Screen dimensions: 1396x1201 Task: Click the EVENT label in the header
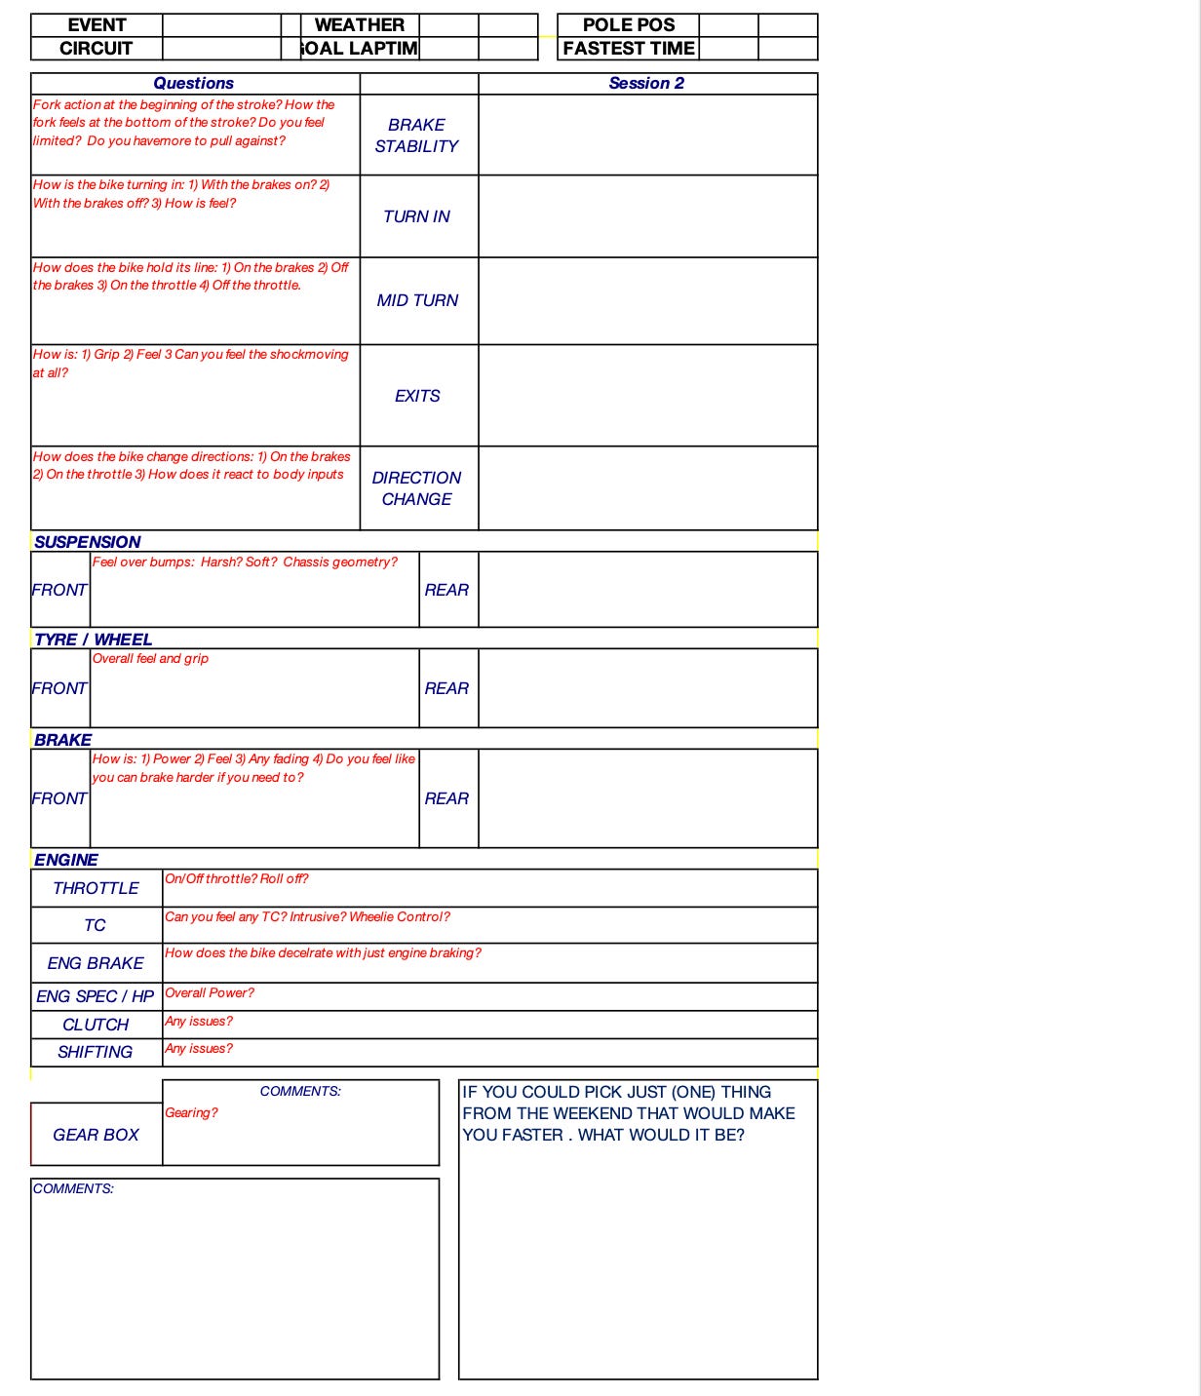[97, 25]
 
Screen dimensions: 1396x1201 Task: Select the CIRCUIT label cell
[97, 49]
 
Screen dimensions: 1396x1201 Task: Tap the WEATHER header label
[360, 25]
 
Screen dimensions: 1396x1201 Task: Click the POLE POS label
[629, 25]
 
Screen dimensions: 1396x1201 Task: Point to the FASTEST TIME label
[629, 49]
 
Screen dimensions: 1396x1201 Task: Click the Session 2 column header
[646, 84]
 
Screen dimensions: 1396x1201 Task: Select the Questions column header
[194, 84]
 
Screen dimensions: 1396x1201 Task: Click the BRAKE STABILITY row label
[417, 136]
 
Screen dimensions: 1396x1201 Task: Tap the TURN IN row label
[417, 216]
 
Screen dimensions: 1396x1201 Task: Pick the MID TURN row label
[417, 300]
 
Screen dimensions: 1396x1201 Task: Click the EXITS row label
[417, 396]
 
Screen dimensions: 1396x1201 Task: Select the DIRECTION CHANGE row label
[417, 488]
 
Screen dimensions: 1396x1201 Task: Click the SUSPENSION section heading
[88, 542]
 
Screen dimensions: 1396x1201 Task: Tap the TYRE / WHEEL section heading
[93, 640]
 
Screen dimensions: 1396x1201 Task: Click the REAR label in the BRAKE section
[446, 798]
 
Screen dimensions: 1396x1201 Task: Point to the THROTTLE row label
[96, 888]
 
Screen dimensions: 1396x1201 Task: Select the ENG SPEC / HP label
[96, 996]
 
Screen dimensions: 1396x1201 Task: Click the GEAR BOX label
[96, 1135]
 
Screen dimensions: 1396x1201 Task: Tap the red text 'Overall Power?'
[210, 993]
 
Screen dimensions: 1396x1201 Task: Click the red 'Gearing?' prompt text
[191, 1113]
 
